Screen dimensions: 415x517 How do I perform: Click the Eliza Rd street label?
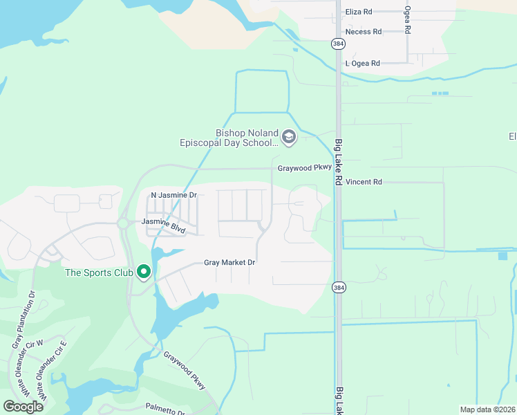tap(359, 12)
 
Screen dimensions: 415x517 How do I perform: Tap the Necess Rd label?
tap(364, 32)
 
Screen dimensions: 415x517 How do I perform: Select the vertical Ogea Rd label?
tap(408, 21)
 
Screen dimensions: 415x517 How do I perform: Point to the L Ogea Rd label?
tap(363, 64)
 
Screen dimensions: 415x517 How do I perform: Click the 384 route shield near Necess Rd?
tap(337, 44)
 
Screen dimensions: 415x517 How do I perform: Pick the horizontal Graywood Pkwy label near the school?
tap(305, 168)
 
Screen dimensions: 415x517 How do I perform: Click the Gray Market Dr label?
tap(229, 263)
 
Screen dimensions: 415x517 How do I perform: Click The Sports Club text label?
tap(99, 273)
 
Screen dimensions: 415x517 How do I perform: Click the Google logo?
tap(23, 407)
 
